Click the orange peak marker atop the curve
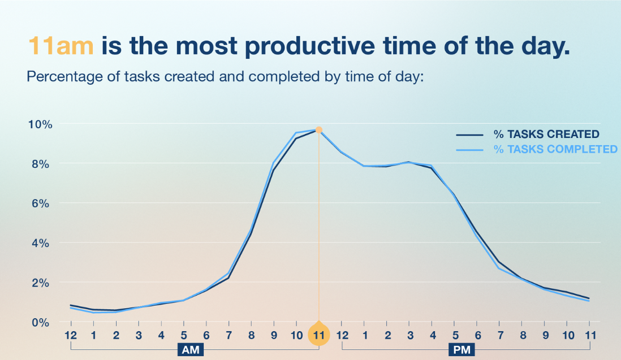tap(319, 129)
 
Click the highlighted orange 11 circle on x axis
tap(319, 335)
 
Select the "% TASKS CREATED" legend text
tap(546, 135)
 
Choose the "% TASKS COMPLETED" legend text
tap(555, 150)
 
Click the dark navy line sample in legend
tap(469, 135)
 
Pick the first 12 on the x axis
tap(71, 335)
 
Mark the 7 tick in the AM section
tap(229, 335)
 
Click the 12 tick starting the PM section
tap(342, 335)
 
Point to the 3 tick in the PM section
tap(410, 335)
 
